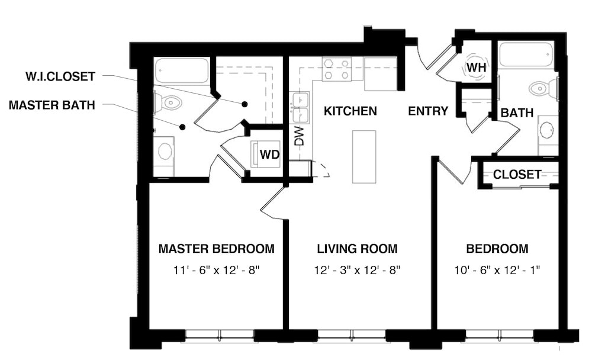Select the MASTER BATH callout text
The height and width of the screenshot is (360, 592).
[x=52, y=105]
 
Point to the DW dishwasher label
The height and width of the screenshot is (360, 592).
[x=300, y=137]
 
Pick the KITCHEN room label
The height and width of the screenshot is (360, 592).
[x=350, y=111]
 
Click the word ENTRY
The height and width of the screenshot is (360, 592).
[x=428, y=111]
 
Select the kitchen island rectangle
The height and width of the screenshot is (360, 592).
[x=364, y=156]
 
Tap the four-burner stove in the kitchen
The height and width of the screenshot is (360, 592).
[x=336, y=69]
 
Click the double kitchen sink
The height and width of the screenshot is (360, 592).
[x=300, y=107]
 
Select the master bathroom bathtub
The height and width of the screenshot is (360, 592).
[x=181, y=70]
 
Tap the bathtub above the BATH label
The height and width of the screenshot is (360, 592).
[x=526, y=54]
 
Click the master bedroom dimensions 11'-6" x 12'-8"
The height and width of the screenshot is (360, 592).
[x=217, y=271]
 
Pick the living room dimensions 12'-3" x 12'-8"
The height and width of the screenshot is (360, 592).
[x=357, y=271]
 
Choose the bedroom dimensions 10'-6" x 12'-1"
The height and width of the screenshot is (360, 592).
[x=497, y=271]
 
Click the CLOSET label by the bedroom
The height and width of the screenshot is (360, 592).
[x=517, y=174]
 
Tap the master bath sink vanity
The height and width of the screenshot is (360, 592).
[x=165, y=151]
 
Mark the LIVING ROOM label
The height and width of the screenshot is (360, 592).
[x=357, y=249]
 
